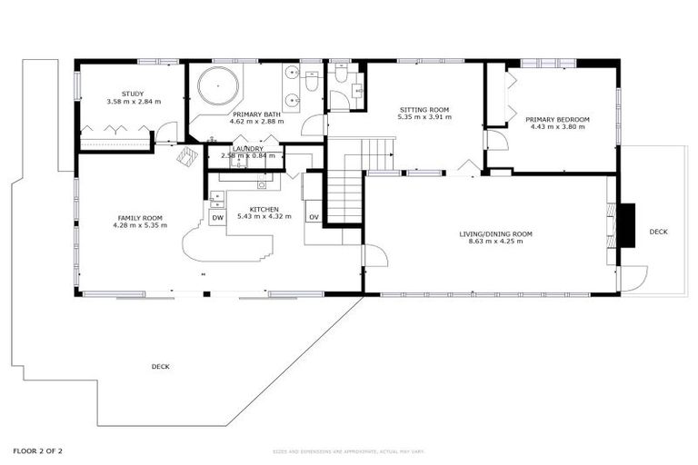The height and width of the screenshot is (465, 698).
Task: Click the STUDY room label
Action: pos(133,94)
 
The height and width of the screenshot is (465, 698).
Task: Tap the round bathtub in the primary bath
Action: pos(218,88)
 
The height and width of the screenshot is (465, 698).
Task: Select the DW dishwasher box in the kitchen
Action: pos(217,218)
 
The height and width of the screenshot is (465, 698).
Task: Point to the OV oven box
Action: pos(313,217)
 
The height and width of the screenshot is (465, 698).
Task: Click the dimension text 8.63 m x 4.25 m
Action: pos(495,242)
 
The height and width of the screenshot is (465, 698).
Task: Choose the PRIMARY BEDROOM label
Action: pos(557,119)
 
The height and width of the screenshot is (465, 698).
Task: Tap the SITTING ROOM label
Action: pos(424,109)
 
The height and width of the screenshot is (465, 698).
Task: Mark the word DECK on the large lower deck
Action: pos(160,366)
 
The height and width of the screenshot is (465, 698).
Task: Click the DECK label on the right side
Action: pos(658,232)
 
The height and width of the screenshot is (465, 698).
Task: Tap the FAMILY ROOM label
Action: pos(139,218)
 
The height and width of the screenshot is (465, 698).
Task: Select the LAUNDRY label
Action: pos(247,148)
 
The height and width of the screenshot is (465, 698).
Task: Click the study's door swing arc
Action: pos(165,136)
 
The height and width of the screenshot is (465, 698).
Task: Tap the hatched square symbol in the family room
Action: pos(187,156)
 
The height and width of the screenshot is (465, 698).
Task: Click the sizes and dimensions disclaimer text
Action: pos(348,451)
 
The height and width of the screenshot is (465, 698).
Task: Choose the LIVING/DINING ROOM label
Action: pos(495,234)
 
